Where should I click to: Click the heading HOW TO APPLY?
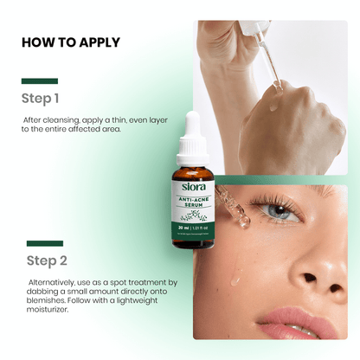70,42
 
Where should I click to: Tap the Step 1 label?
41,98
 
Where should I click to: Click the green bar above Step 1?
39,81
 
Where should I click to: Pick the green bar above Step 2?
44,243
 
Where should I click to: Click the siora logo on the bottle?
193,187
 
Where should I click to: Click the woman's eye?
280,209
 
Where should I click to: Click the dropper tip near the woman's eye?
243,222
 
